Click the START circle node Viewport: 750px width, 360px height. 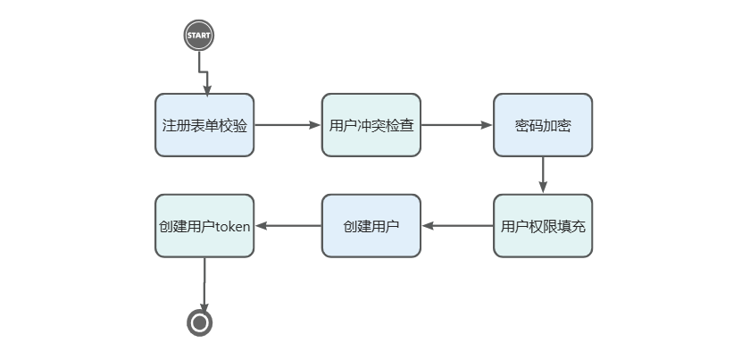(199, 36)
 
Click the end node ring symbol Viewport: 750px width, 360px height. (199, 322)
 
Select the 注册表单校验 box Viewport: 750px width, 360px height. (204, 125)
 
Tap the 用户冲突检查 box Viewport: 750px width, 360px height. (371, 125)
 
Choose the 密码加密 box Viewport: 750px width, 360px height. (542, 125)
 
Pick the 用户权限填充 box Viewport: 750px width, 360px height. (542, 226)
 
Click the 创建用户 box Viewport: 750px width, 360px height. (371, 226)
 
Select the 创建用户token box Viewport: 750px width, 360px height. (204, 226)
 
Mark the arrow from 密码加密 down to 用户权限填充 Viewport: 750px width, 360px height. (543, 175)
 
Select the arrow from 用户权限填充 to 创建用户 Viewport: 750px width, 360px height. (457, 226)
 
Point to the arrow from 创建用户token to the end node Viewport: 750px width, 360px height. (204, 284)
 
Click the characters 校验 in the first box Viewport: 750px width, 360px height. (236, 125)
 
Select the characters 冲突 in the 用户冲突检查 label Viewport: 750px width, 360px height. (371, 125)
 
